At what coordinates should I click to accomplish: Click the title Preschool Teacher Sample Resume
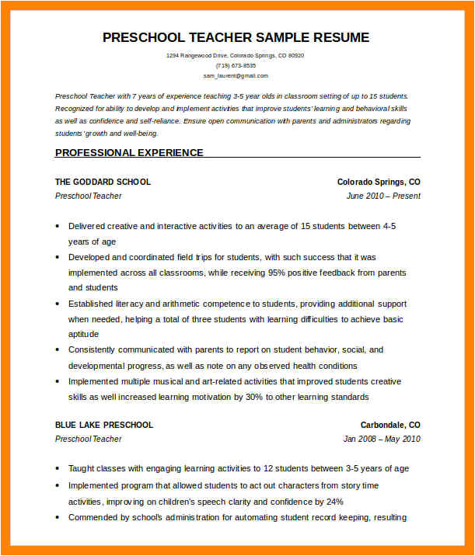(x=236, y=37)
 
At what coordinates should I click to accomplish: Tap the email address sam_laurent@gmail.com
(x=236, y=76)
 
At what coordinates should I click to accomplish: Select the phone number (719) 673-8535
(x=236, y=66)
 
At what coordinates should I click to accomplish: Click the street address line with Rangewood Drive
(x=236, y=56)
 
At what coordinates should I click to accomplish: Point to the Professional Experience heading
(x=129, y=153)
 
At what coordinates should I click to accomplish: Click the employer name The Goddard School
(x=103, y=182)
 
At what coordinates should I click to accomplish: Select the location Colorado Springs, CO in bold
(x=379, y=182)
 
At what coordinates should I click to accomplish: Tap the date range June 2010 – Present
(x=383, y=196)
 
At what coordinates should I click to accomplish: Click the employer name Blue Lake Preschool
(x=104, y=425)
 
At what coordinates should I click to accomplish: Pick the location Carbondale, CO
(x=390, y=425)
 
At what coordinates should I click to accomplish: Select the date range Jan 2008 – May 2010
(x=382, y=440)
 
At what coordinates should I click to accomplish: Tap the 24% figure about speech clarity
(x=335, y=502)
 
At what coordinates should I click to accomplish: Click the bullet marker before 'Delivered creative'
(x=58, y=227)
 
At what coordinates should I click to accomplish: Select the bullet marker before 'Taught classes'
(x=58, y=469)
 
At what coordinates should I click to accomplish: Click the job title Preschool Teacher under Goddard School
(x=88, y=196)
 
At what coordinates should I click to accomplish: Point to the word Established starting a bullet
(x=93, y=304)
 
